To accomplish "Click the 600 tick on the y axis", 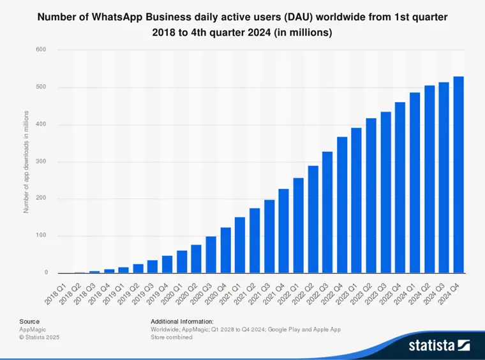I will pos(42,49).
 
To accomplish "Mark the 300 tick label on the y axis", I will pos(42,161).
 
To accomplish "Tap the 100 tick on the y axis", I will pos(42,236).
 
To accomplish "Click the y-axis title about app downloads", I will pos(27,161).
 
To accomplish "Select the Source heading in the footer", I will pos(29,321).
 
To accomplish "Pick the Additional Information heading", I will pos(182,321).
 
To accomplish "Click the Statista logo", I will pos(439,345).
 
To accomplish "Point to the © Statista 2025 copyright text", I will pos(39,337).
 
